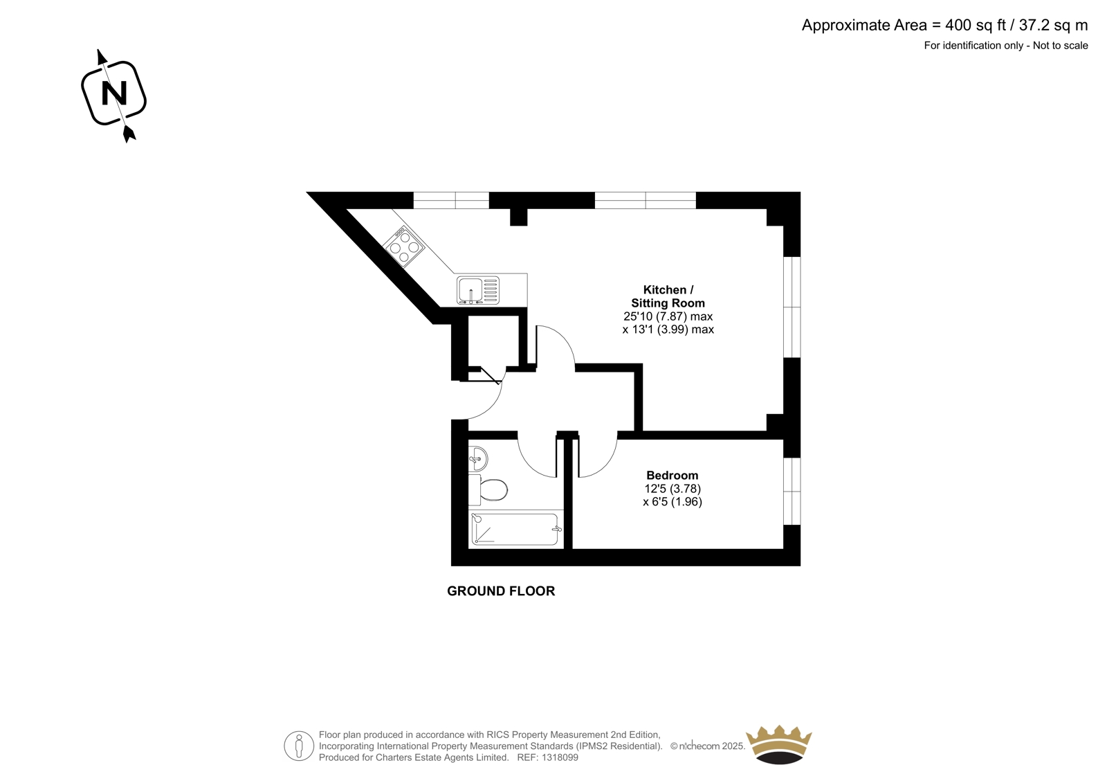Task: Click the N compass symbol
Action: pos(113,93)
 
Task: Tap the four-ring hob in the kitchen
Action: pos(404,246)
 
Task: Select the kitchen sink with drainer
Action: pos(478,290)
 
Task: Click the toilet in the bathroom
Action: pos(488,489)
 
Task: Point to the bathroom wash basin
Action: pos(477,458)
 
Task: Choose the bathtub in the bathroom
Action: pos(515,529)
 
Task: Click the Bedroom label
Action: pos(672,476)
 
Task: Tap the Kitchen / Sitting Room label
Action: pos(668,296)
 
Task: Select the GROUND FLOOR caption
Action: pos(501,591)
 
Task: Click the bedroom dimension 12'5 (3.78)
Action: pos(673,489)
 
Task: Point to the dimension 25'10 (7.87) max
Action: pos(668,316)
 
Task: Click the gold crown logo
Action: pos(779,744)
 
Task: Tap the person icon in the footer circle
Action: pos(298,746)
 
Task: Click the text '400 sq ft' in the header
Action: pos(976,25)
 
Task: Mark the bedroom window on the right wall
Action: pos(792,491)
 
